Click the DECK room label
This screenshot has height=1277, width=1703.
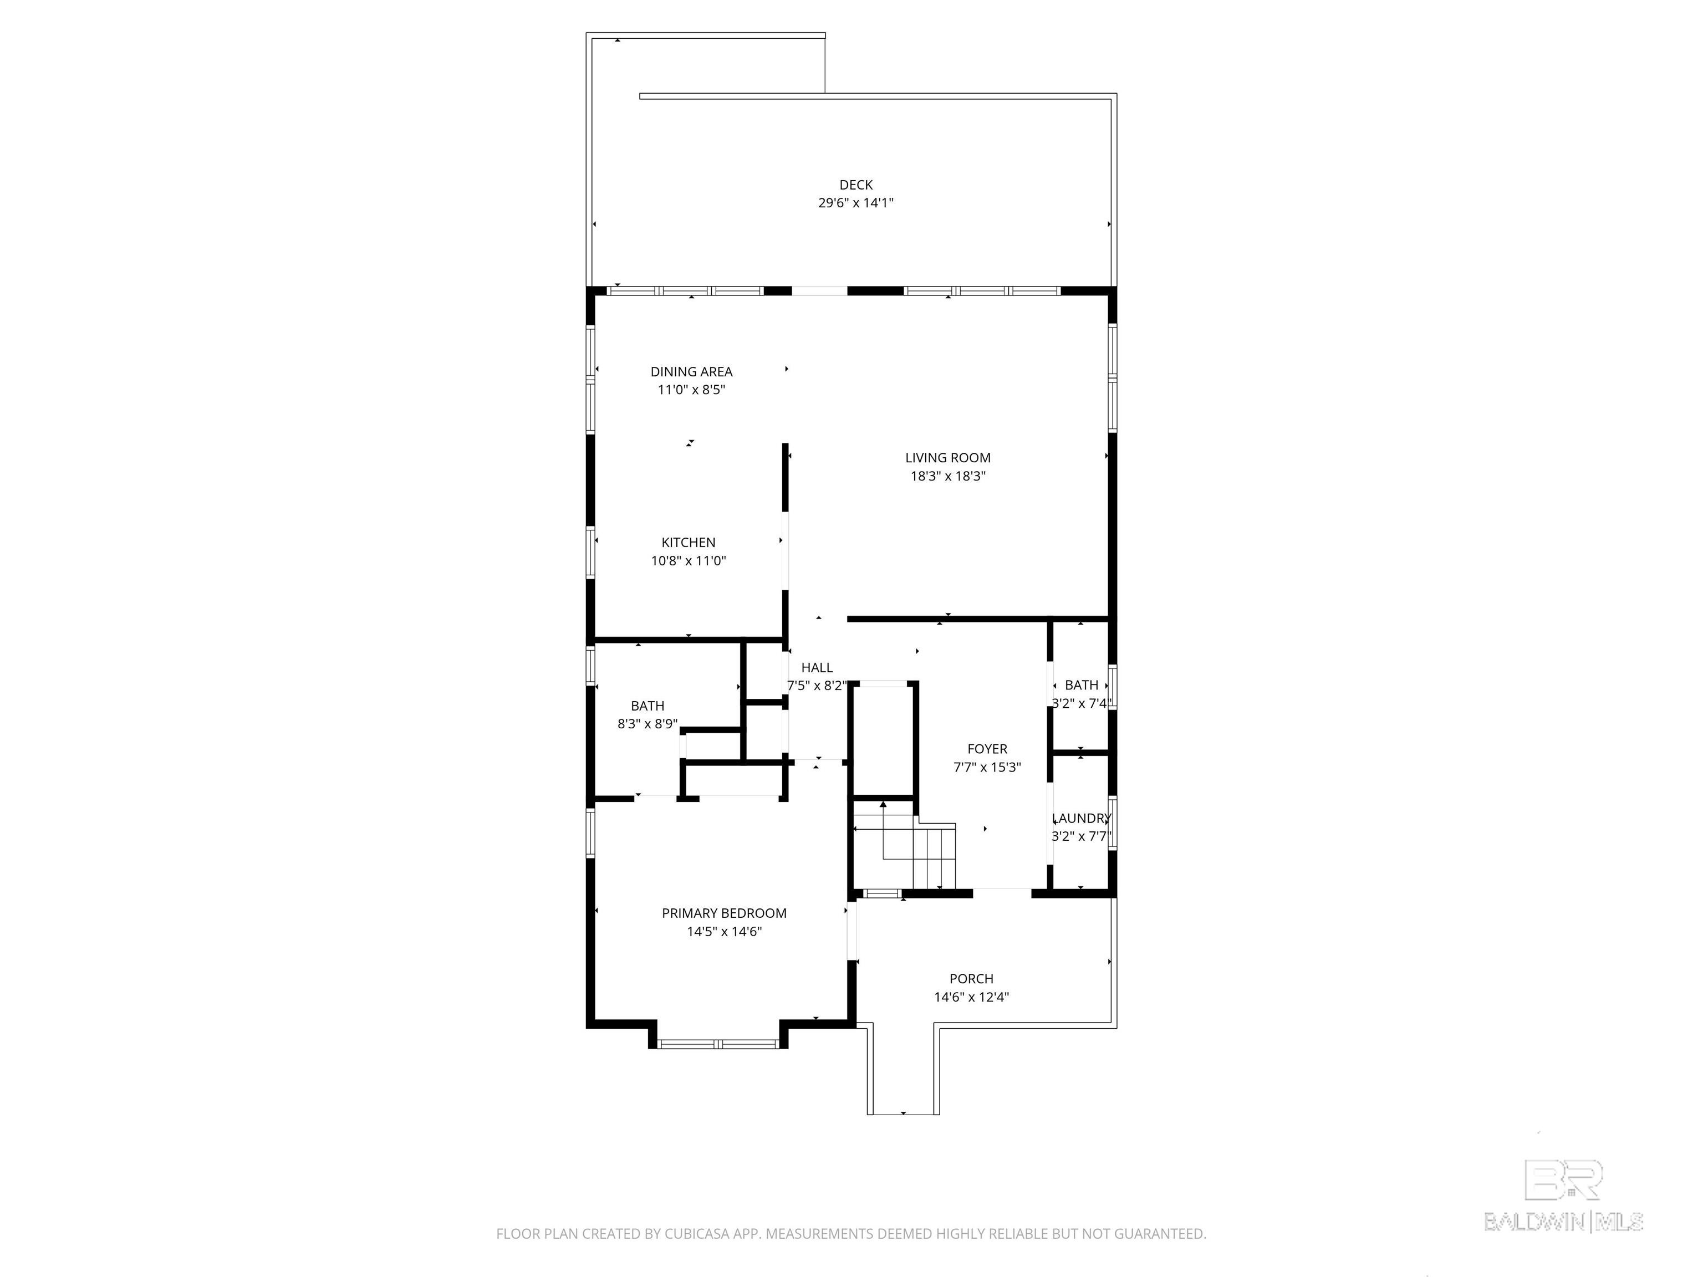(855, 185)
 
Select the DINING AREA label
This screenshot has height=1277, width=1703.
(691, 372)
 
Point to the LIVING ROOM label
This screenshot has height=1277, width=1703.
(948, 458)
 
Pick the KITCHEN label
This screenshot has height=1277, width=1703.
(689, 543)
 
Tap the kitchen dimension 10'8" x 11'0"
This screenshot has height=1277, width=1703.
(689, 561)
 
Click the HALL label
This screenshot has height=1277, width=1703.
(817, 668)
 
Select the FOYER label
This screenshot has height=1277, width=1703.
(987, 749)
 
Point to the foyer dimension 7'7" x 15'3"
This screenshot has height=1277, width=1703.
(987, 768)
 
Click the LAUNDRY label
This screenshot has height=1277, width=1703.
(1082, 818)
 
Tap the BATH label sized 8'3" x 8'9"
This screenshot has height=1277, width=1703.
(647, 706)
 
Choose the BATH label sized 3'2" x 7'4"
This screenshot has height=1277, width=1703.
(1082, 685)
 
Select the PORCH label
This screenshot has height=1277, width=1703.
(972, 979)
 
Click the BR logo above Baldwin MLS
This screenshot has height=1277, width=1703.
(1564, 1180)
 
